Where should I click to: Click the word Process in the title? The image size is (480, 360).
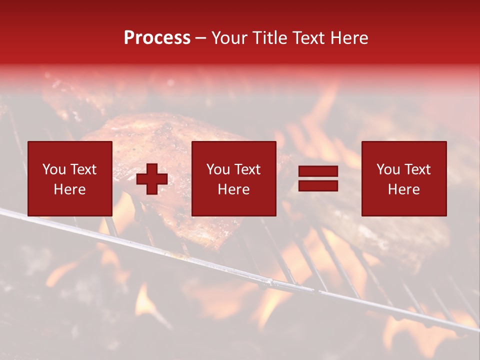point(157,38)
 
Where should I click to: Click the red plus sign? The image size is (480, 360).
point(152,179)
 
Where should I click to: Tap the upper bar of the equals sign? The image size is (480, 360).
point(318,171)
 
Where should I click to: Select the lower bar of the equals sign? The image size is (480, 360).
point(318,185)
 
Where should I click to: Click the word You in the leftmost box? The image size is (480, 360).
point(53,169)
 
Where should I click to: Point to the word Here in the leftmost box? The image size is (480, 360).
point(69,189)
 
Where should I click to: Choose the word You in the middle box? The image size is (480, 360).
point(217,169)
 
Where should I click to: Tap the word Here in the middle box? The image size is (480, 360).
point(233,189)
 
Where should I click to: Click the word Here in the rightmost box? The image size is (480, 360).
point(403,189)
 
